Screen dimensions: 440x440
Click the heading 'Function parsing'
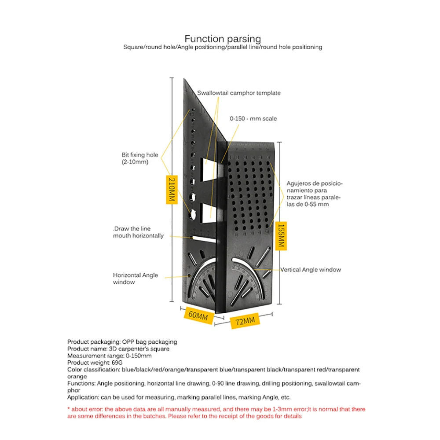click(223, 39)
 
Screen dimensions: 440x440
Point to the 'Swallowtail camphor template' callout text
click(238, 93)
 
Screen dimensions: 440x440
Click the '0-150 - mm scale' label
click(253, 118)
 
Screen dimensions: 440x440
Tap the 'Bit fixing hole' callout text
click(139, 158)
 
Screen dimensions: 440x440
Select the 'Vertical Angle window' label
click(310, 270)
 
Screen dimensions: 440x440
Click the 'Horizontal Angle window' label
click(135, 279)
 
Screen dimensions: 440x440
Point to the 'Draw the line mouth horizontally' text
click(138, 232)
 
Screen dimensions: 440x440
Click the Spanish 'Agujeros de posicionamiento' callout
click(314, 194)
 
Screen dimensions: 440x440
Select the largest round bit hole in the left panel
click(193, 214)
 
